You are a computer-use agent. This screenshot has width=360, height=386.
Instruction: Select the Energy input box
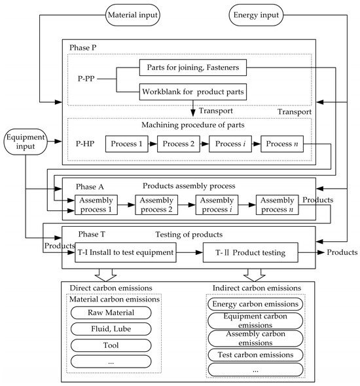[254, 13]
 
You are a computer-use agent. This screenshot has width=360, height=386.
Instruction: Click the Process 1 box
[126, 144]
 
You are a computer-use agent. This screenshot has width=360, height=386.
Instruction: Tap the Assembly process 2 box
[156, 204]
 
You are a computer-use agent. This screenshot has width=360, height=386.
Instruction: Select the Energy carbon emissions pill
[255, 304]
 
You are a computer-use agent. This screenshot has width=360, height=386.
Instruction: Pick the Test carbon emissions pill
[255, 355]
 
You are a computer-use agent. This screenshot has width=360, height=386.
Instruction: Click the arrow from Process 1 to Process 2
[152, 144]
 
